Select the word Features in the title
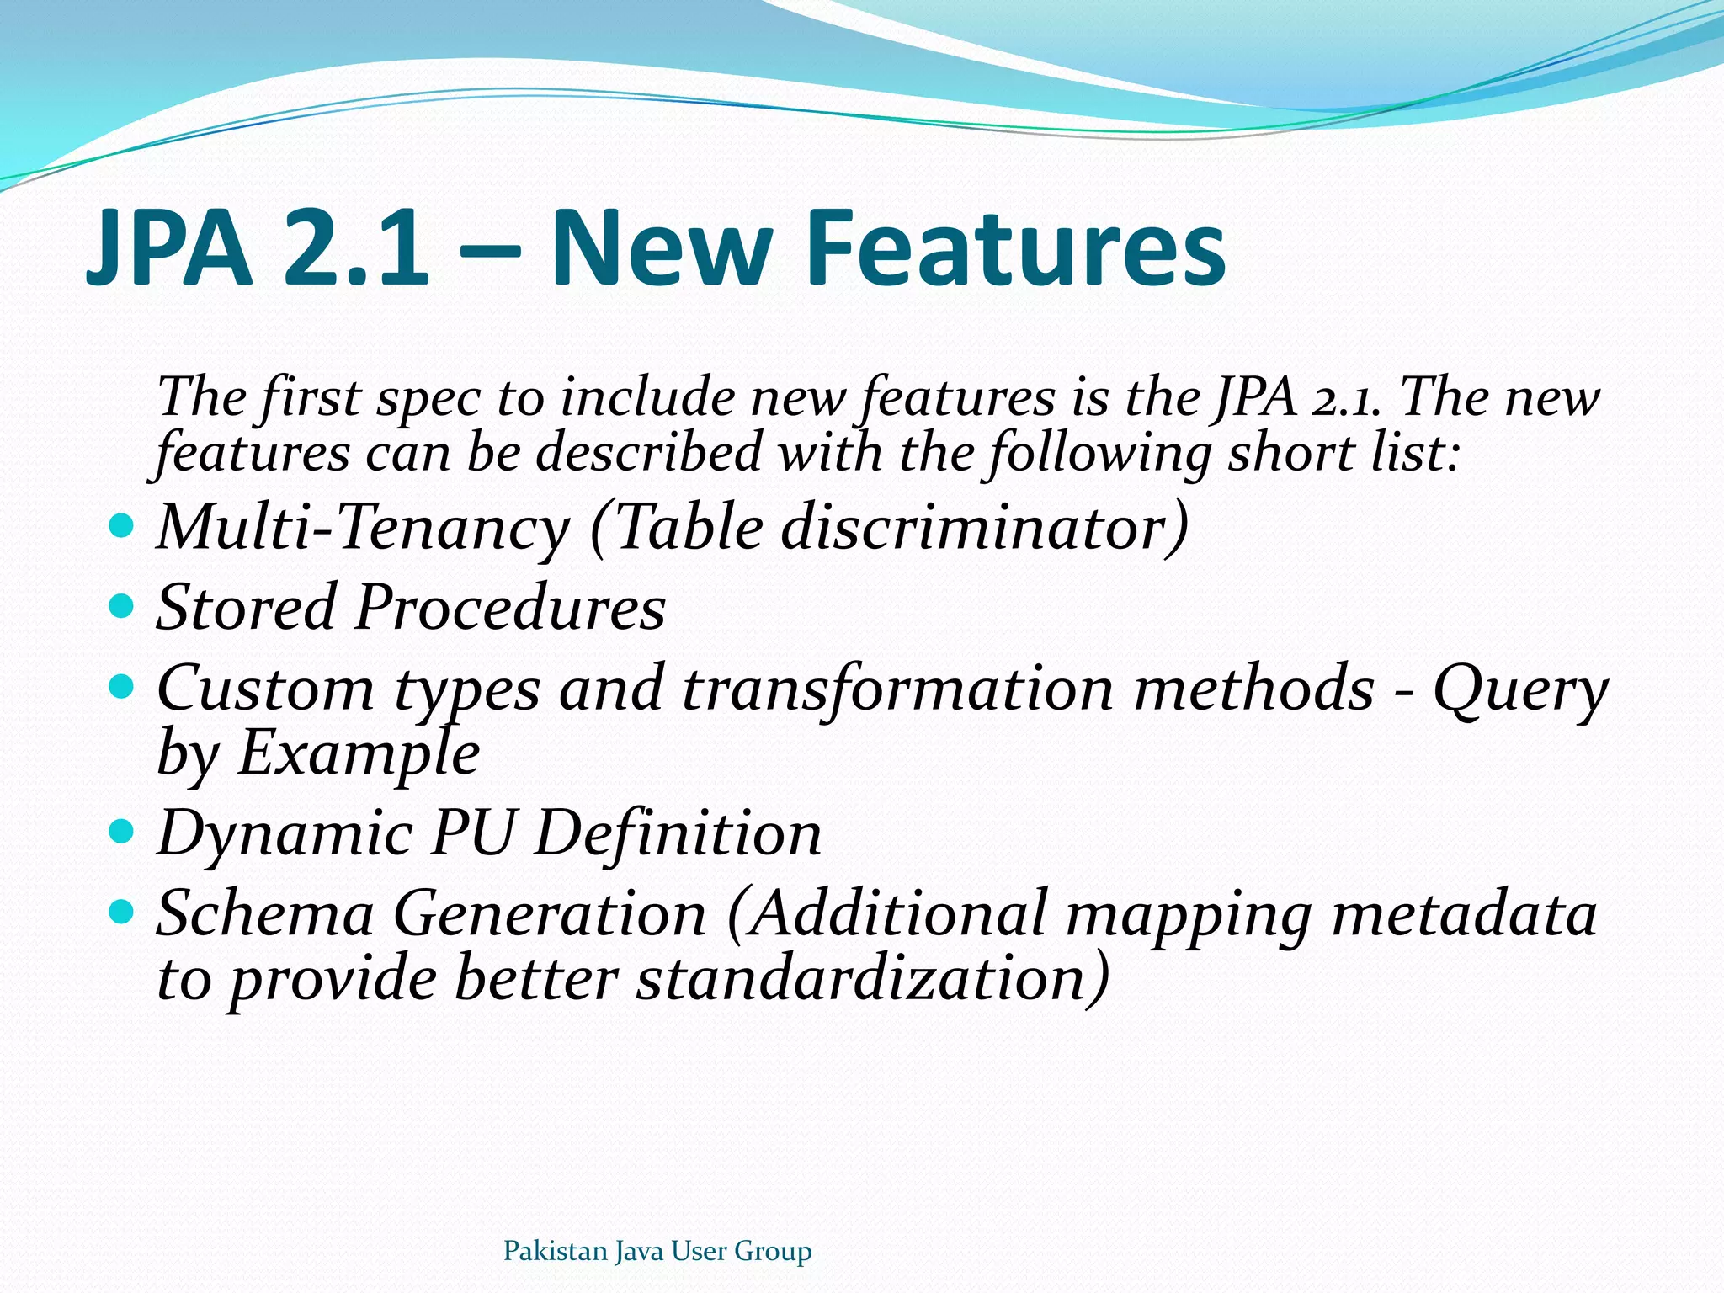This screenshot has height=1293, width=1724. click(1014, 248)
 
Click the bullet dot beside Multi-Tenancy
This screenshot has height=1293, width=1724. click(122, 527)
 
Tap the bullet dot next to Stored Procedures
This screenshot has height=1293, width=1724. click(122, 605)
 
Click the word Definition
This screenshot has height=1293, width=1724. click(678, 833)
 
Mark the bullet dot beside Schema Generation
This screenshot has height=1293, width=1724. click(122, 912)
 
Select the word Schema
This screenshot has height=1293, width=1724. click(265, 913)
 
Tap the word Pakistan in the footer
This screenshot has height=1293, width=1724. click(555, 1251)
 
